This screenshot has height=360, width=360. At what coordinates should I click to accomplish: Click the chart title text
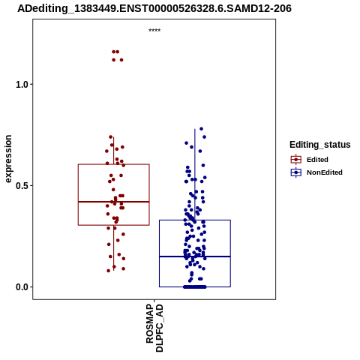click(x=154, y=8)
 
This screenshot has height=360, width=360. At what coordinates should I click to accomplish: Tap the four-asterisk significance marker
click(x=154, y=30)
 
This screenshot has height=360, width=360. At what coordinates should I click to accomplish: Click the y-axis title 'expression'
click(x=8, y=159)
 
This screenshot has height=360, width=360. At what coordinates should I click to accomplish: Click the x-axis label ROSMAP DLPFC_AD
click(x=154, y=328)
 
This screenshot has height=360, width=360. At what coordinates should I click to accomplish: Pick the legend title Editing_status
click(x=320, y=145)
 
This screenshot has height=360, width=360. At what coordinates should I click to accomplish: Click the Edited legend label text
click(x=317, y=160)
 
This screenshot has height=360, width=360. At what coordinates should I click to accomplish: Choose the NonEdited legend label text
click(x=325, y=172)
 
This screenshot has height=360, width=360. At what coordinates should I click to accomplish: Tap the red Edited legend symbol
click(x=296, y=160)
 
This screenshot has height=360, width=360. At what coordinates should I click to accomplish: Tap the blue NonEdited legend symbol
click(x=296, y=172)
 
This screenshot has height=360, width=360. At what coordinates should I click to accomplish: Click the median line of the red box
click(x=114, y=202)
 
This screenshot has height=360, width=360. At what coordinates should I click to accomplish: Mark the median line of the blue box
click(x=195, y=256)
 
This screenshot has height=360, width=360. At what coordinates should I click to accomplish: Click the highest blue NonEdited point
click(x=201, y=129)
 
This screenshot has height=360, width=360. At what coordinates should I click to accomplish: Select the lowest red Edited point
click(x=109, y=271)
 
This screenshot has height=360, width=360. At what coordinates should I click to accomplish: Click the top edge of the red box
click(x=114, y=164)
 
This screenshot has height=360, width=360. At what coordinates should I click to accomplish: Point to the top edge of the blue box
click(x=195, y=220)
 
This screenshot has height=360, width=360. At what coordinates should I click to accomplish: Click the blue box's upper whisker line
click(x=195, y=175)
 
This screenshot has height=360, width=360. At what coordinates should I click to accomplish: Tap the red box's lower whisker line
click(x=114, y=247)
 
